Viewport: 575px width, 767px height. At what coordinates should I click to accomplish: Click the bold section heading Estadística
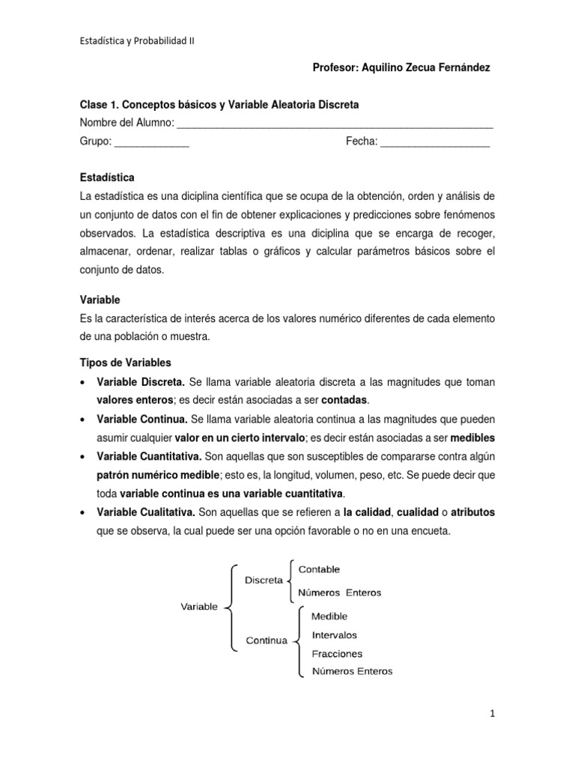pyautogui.click(x=107, y=178)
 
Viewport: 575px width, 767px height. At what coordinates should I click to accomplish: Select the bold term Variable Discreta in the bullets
pyautogui.click(x=141, y=382)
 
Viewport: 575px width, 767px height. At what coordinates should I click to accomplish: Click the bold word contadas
pyautogui.click(x=345, y=401)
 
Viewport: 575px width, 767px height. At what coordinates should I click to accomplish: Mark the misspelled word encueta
pyautogui.click(x=430, y=531)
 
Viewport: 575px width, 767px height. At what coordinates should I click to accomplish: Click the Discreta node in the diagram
pyautogui.click(x=264, y=580)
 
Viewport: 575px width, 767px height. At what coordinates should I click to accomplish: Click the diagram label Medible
pyautogui.click(x=323, y=616)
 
